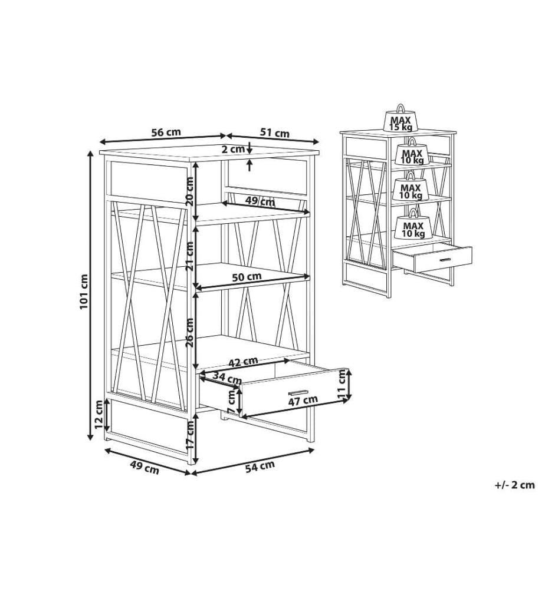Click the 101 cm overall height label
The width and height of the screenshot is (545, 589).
coord(84,292)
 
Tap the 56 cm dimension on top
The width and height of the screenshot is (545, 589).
coord(166,132)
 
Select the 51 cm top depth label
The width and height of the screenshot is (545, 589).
coord(275,133)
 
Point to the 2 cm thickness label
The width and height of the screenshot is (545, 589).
coord(233,149)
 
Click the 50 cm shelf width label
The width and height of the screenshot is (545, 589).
coord(247,277)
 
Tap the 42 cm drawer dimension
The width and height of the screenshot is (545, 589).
coord(244,362)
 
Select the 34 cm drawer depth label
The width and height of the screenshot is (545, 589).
coord(226,377)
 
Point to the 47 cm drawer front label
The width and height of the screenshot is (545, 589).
coord(303,401)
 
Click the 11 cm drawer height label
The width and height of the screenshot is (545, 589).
coord(342,383)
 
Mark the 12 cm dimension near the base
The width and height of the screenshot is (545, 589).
coord(99,415)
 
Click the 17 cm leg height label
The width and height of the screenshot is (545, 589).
coord(191,435)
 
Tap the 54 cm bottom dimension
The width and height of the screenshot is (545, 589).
coord(260,466)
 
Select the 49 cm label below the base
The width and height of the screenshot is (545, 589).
coord(145,467)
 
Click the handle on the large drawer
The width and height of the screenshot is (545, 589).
coord(298,392)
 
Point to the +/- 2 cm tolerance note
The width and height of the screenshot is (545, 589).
coord(514,485)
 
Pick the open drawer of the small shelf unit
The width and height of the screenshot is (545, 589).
coord(432,257)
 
